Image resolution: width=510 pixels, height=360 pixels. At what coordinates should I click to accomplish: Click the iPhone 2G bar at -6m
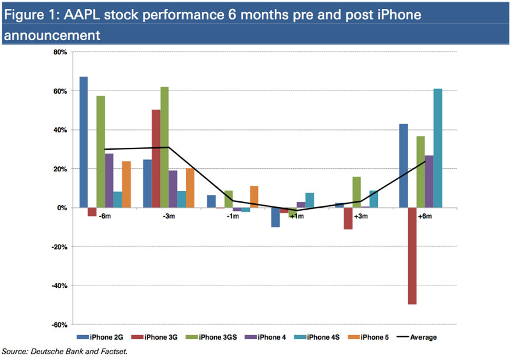coord(84,142)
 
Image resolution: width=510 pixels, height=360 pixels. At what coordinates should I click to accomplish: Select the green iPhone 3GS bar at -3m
coord(164,147)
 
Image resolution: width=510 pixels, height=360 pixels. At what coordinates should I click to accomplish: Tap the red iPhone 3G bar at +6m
coord(412,256)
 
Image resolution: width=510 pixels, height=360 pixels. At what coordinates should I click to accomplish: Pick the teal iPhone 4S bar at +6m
coord(438,148)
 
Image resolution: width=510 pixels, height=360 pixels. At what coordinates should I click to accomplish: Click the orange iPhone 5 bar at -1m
coord(254,197)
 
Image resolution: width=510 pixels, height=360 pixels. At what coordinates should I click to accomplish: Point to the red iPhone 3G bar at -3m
coord(156,159)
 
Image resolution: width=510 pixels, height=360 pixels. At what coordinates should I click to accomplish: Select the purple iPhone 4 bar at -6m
coord(109,181)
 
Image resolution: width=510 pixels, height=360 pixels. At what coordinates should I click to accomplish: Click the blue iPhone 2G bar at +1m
coord(275,217)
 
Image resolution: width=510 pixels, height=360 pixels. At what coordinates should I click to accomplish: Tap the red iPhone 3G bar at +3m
coord(348,219)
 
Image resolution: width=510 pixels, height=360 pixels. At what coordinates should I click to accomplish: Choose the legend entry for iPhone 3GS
coord(211,337)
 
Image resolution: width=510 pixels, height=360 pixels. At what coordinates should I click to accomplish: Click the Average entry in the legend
coord(417,337)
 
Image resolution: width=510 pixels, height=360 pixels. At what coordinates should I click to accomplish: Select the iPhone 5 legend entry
coord(368,337)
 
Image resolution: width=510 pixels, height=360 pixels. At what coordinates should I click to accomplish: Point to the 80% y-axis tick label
coord(61,52)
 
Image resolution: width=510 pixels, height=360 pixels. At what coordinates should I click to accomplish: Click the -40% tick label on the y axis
coord(59,285)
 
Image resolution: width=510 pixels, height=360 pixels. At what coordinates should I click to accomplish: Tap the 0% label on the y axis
coord(62,208)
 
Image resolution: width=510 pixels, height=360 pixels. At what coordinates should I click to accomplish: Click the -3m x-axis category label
coord(169,216)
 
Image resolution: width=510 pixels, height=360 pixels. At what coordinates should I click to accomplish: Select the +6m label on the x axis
coord(425,216)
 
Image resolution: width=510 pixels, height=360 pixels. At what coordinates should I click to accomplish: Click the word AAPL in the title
coord(82,15)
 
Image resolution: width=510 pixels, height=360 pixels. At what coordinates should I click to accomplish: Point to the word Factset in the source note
coord(114,352)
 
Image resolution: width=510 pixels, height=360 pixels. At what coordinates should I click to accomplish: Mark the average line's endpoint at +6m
coord(425,161)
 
